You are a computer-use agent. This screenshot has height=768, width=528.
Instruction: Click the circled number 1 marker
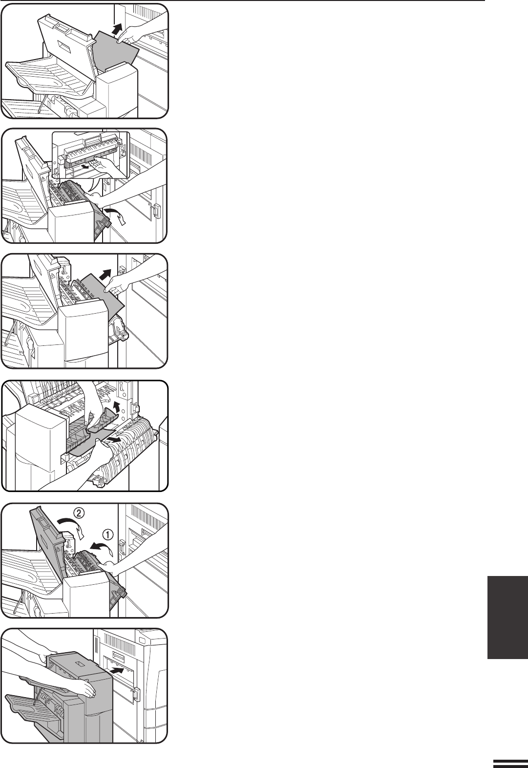[x=107, y=534]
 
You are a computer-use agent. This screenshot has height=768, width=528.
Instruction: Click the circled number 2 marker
[x=78, y=513]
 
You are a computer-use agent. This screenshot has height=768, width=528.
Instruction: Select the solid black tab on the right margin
[x=507, y=617]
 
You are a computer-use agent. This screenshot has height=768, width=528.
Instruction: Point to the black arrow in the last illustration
[x=117, y=670]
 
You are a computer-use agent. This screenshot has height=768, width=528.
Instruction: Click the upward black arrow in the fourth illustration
[x=118, y=405]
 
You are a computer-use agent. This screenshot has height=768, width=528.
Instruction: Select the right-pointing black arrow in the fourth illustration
[x=114, y=439]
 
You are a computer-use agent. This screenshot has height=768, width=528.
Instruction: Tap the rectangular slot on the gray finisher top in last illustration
[x=80, y=664]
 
